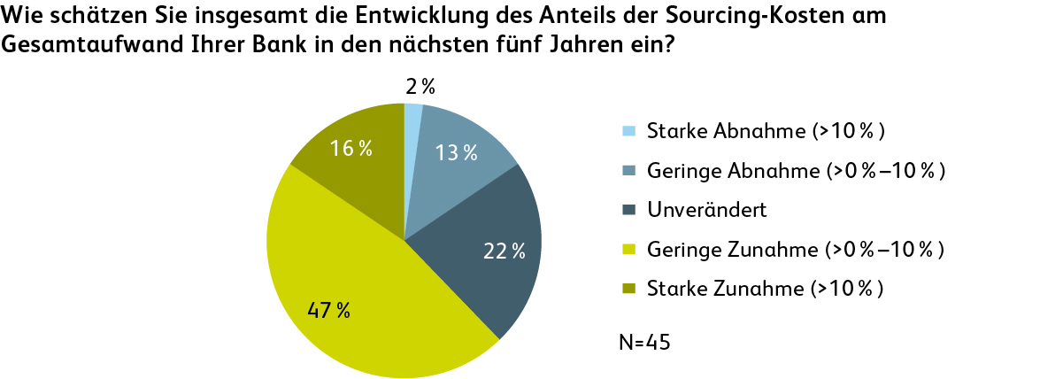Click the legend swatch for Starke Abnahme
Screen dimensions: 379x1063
tap(629, 132)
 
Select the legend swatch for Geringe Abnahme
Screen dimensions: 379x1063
tap(629, 171)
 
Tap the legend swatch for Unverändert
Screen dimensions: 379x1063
tap(629, 211)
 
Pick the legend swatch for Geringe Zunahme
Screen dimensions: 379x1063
tap(629, 250)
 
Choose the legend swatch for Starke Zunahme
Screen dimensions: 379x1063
tap(629, 289)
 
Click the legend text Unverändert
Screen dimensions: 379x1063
tap(693, 211)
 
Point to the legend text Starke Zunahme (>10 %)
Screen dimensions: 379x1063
tap(766, 289)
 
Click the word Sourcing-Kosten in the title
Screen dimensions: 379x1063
tap(789, 17)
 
